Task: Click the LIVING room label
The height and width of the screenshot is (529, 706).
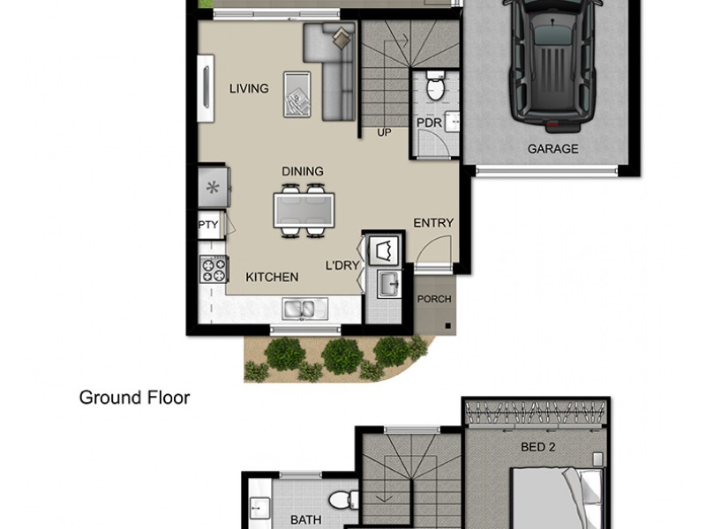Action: tap(249, 88)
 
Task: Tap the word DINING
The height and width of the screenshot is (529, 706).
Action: tap(303, 171)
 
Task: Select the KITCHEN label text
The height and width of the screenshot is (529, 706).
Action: tap(272, 277)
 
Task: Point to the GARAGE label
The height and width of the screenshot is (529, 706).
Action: tap(552, 149)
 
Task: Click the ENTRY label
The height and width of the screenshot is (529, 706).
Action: tap(433, 223)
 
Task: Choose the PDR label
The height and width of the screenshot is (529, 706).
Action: tap(429, 123)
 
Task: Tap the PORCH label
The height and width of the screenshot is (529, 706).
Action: tap(434, 300)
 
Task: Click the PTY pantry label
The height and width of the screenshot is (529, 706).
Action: tap(208, 225)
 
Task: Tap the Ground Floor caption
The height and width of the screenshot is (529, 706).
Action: tap(134, 398)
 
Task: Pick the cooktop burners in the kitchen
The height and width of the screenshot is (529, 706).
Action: tap(213, 268)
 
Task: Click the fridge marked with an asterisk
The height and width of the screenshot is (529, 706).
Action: tap(213, 187)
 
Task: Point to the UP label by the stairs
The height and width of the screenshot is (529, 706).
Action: tap(384, 133)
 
